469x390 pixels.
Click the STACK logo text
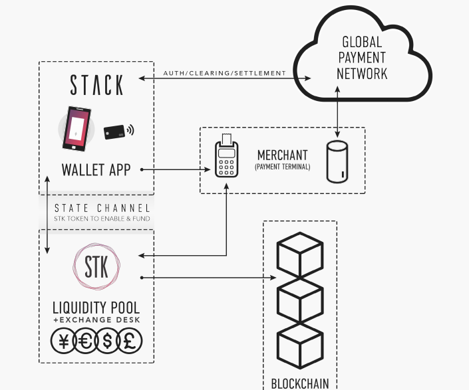96,85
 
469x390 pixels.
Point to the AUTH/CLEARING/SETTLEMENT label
224,72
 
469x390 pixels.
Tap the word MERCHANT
282,155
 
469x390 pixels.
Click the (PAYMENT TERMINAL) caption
282,167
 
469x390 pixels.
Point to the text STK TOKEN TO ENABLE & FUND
102,219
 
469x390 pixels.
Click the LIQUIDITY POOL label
96,308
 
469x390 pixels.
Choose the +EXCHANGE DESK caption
96,321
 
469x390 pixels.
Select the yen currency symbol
63,341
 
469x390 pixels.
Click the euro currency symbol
85,341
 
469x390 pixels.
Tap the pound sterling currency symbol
130,341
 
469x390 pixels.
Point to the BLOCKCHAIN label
299,383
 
